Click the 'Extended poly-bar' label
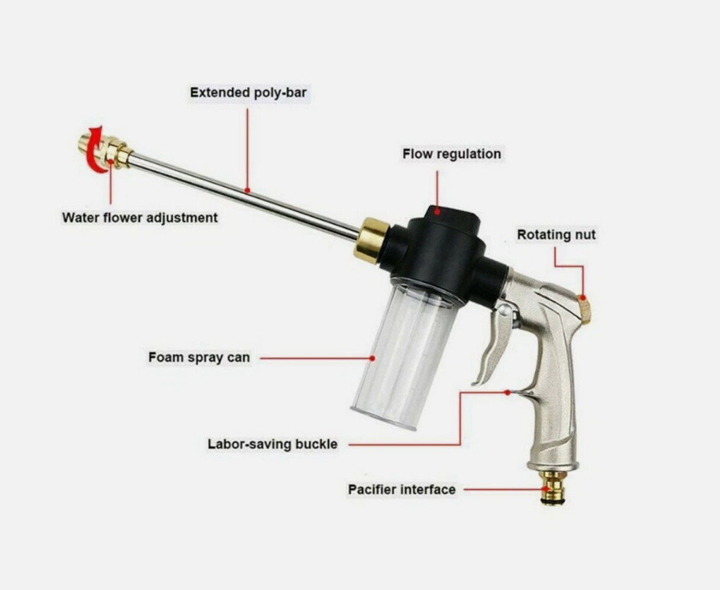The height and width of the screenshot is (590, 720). [x=248, y=92]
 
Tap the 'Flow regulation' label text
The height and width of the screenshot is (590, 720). [x=451, y=154]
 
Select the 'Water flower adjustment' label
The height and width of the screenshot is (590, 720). [x=140, y=217]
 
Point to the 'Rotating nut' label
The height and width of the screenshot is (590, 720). [x=556, y=234]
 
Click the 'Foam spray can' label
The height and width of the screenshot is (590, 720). [x=199, y=357]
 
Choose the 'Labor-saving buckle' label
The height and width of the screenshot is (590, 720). [x=272, y=444]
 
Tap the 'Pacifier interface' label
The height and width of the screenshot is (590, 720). [x=402, y=490]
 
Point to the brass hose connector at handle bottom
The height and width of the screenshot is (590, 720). [x=552, y=487]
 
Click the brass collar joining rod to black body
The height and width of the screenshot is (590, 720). [x=371, y=240]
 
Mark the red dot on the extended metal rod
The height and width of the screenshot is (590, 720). [x=247, y=190]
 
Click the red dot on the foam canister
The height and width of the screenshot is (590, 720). [x=373, y=358]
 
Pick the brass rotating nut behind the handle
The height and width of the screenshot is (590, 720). [x=584, y=308]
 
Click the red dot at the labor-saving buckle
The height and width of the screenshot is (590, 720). [x=507, y=392]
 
